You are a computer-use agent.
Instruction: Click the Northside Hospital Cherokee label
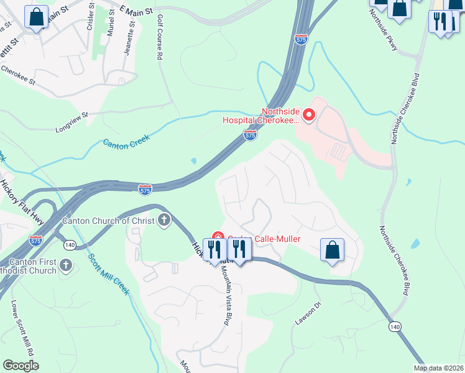(x=280, y=116)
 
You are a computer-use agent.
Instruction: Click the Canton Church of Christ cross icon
(x=164, y=220)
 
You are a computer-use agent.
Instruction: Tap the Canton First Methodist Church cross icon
(x=66, y=267)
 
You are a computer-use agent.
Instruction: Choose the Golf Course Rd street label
(x=160, y=37)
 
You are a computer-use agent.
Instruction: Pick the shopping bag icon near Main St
(x=36, y=17)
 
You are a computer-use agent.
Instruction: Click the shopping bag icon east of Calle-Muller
(x=333, y=250)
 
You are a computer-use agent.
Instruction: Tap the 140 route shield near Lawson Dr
(x=394, y=326)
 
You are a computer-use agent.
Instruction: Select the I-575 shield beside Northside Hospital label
(x=250, y=134)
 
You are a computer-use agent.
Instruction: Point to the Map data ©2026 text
(x=438, y=368)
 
